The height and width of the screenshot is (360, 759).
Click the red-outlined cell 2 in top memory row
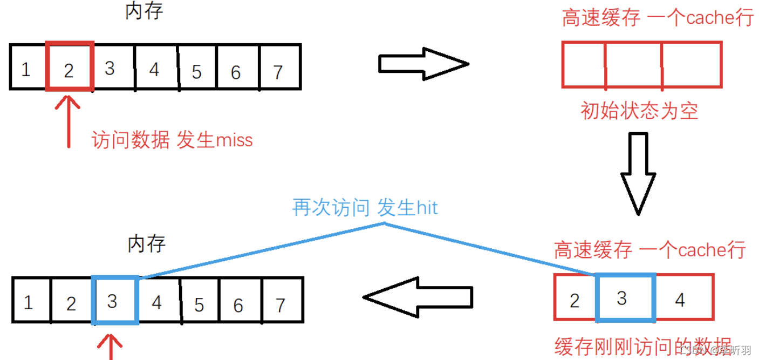tap(70, 67)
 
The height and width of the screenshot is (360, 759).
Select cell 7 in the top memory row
tap(279, 67)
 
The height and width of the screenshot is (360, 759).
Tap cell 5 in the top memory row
tap(197, 67)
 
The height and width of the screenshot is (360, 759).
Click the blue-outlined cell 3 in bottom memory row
tap(115, 301)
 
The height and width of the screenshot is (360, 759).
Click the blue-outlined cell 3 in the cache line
tap(625, 298)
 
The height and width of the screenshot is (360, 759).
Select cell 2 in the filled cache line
tap(575, 298)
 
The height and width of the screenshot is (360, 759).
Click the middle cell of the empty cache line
tap(634, 64)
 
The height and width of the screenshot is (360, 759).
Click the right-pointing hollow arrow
tap(423, 64)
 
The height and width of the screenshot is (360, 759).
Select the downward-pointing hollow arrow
tap(638, 173)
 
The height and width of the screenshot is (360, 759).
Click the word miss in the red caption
tap(234, 140)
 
